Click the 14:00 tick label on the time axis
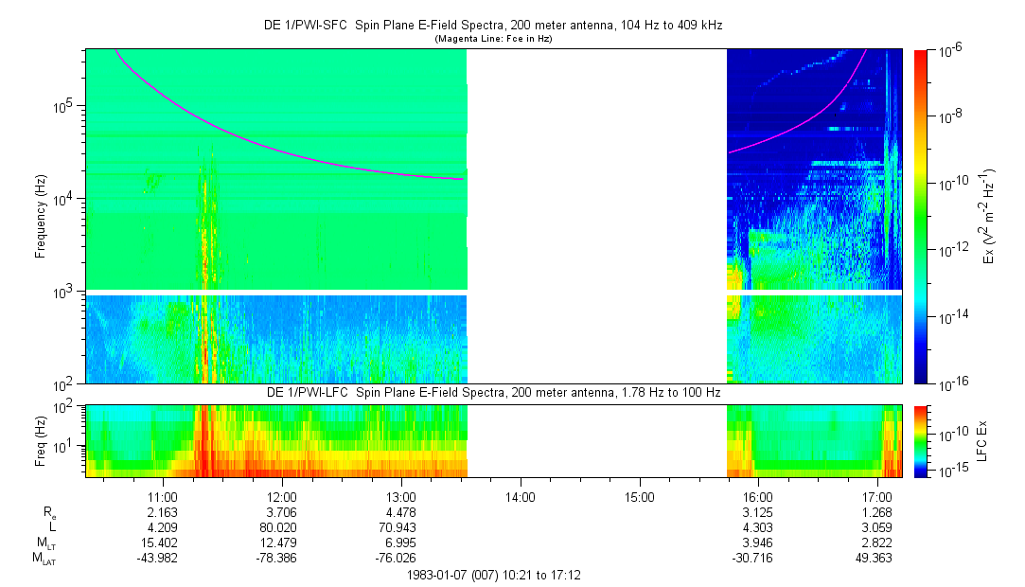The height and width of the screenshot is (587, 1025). [x=521, y=496]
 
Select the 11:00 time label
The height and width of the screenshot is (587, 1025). [x=163, y=496]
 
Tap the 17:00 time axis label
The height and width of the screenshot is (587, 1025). [x=877, y=496]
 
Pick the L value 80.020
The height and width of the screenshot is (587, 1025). [x=282, y=527]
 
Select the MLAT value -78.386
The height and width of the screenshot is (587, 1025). [x=282, y=558]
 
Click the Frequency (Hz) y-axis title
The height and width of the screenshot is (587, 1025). [x=41, y=217]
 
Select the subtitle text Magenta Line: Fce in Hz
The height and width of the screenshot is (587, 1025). [x=493, y=40]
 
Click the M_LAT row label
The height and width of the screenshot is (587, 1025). [x=44, y=559]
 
